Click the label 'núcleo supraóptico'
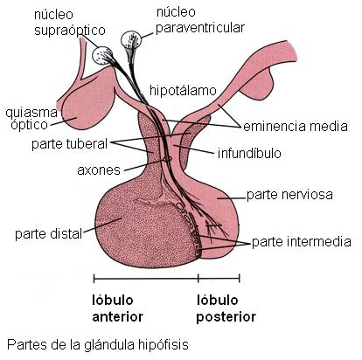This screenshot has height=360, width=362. coord(70,23)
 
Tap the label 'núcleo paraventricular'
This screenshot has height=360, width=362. coord(200,20)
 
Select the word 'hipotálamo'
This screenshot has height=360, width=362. coord(183,90)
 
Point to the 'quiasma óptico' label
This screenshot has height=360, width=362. coord(31,119)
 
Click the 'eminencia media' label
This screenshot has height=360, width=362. coord(296,127)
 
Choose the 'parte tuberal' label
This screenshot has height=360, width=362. coord(69,143)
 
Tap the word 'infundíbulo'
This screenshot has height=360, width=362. coord(249,153)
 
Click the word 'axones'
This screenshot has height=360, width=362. coord(99,170)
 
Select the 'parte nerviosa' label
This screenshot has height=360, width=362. coord(289,195)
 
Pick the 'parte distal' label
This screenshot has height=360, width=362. coord(48,233)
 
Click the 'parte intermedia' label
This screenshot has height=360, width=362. coord(302,242)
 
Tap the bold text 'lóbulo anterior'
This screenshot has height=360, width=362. coord(117,308)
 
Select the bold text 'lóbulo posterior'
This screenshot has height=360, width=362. coord(226,308)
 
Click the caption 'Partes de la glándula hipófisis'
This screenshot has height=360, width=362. coord(98,344)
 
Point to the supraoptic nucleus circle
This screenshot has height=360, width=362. coord(102,55)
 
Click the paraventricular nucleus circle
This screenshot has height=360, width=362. coord(131,39)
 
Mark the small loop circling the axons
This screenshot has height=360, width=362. coord(167,159)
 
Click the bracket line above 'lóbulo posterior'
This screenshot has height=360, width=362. coord(219,278)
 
